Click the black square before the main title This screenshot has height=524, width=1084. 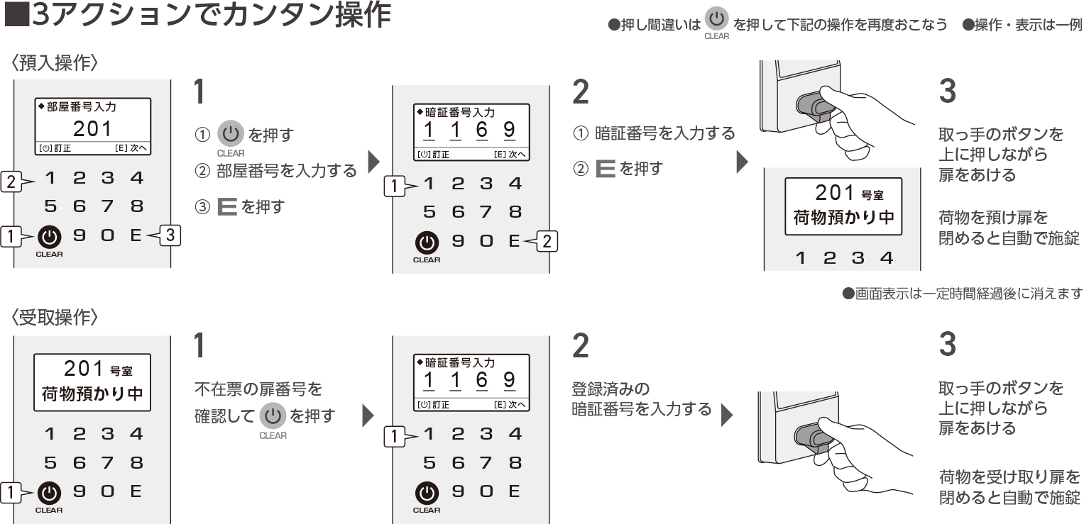pos(16,16)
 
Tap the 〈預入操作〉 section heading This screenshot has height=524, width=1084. pos(54,63)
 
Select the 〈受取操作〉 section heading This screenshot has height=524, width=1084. pos(54,318)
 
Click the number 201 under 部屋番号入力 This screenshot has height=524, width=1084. pos(92,128)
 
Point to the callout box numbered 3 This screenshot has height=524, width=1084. pos(170,235)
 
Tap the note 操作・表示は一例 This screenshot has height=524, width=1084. pos(1022,25)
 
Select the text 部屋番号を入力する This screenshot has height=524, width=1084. pos(286,170)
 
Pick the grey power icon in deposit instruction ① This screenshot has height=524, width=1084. pos(230,133)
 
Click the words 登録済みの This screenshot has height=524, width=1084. pos(611,389)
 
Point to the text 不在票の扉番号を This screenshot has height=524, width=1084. pos(258,389)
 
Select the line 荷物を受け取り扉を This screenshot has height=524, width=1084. pos(1009,476)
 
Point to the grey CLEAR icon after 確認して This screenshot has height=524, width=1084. pos(273,415)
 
